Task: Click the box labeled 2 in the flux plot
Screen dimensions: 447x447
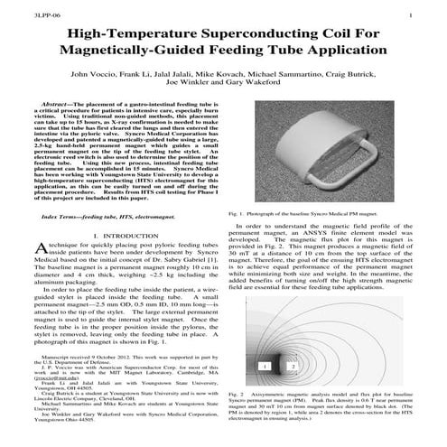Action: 268,366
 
